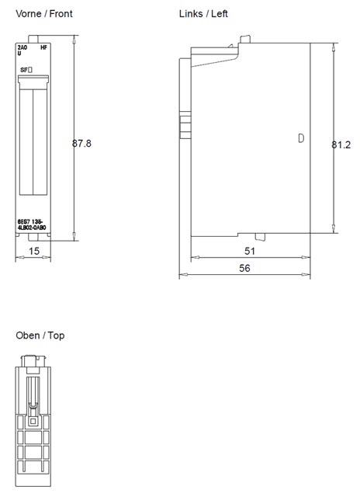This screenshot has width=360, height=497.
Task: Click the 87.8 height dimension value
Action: tap(82, 144)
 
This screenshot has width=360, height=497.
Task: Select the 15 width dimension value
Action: tap(33, 251)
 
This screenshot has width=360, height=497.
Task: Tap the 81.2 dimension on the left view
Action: tap(341, 144)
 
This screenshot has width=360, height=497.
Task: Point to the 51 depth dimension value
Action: tap(251, 251)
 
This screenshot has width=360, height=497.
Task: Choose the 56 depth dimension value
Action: tap(245, 267)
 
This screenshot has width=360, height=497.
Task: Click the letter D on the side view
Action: tap(300, 139)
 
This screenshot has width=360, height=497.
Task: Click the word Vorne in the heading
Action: tap(29, 14)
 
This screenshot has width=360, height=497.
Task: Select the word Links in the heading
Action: tap(191, 14)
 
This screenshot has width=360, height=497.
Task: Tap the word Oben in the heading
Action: tap(28, 335)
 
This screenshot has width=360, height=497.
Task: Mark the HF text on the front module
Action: tap(43, 48)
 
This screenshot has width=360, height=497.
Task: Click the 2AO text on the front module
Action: tap(22, 48)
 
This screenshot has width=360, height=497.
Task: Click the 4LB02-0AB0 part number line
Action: tap(33, 227)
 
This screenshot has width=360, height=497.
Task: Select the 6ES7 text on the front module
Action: tap(24, 221)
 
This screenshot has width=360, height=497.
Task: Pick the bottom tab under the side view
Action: tap(265, 236)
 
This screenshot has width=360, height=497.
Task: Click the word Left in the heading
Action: tap(219, 14)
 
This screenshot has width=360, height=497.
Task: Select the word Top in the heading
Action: tap(57, 335)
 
